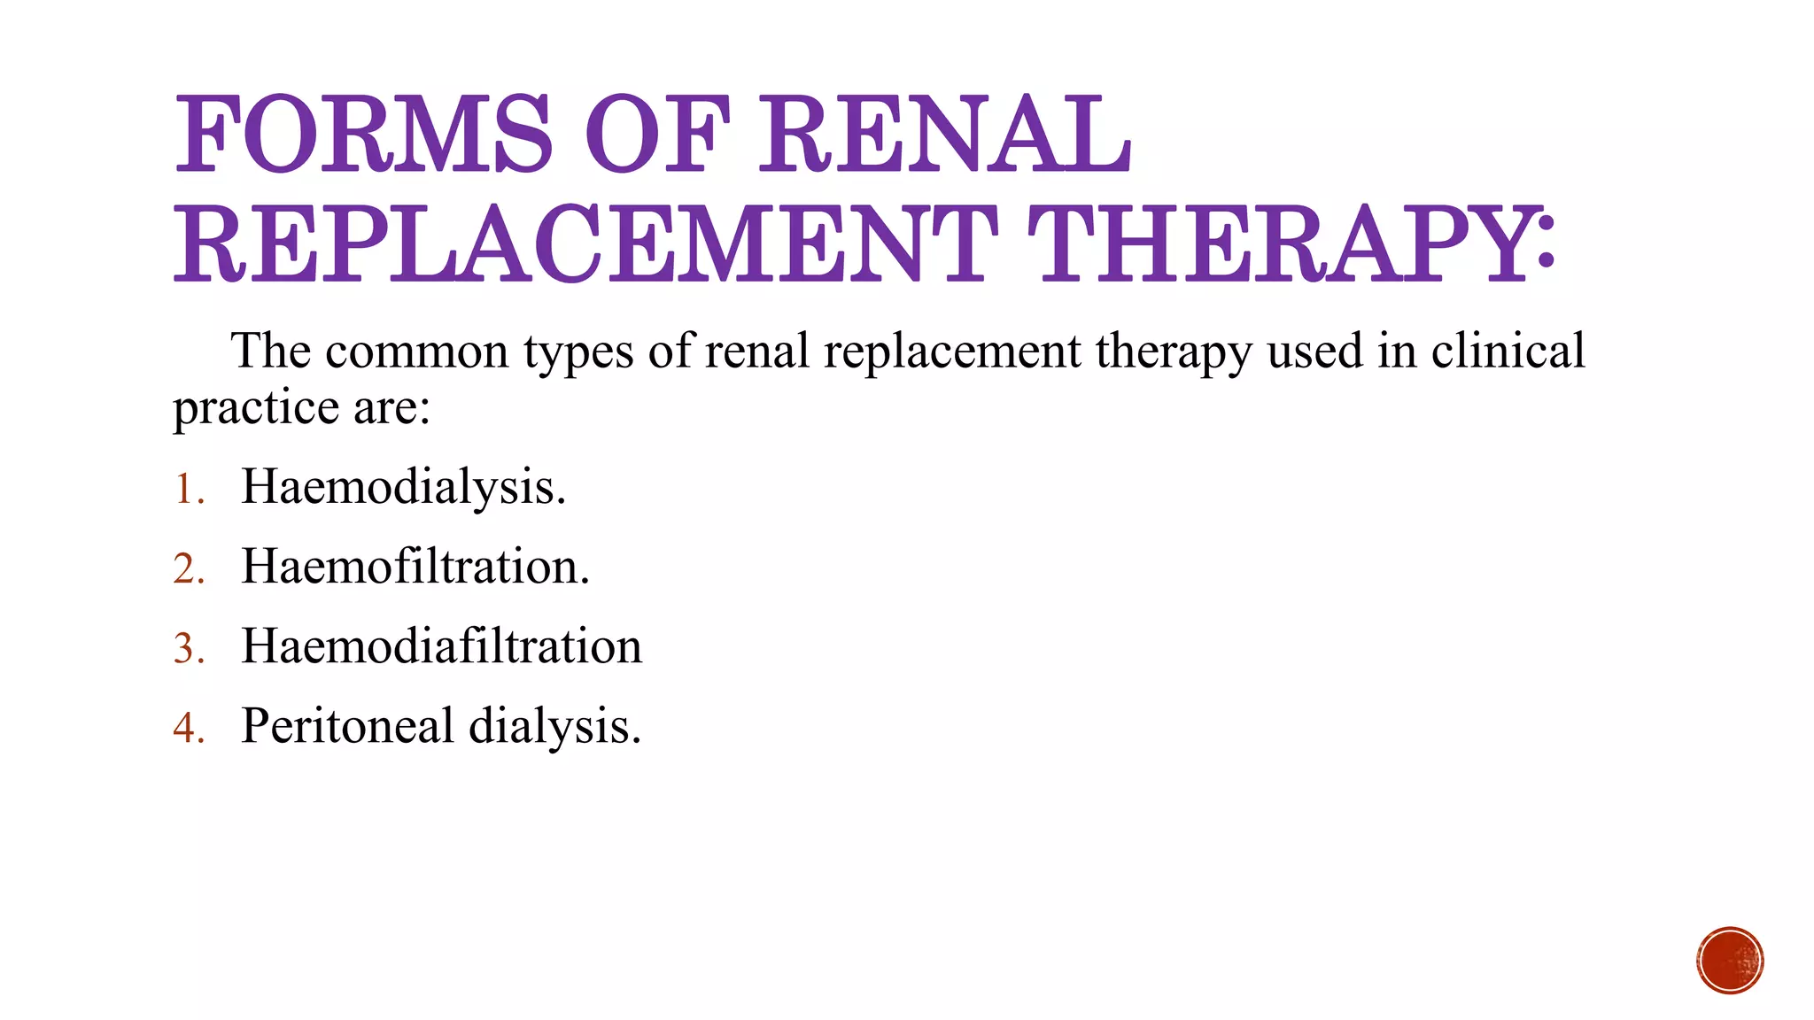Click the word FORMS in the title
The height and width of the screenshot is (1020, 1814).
tap(363, 135)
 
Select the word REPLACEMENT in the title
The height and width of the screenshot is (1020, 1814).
tap(585, 243)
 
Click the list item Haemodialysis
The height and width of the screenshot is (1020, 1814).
tap(403, 486)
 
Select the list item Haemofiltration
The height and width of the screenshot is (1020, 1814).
tap(415, 566)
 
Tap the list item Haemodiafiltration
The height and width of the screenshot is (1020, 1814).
tap(441, 645)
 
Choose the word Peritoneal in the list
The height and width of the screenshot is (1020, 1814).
tap(346, 725)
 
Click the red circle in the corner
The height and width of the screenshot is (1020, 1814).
tap(1730, 961)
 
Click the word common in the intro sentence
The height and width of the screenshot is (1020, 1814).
tap(416, 352)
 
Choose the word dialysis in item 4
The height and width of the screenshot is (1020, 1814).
tap(554, 726)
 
